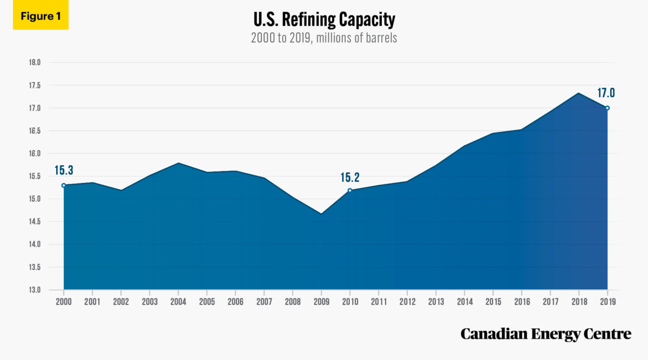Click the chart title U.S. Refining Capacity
click(324, 21)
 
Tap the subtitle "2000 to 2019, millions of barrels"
click(324, 39)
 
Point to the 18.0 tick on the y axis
click(35, 63)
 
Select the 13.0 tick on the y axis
click(35, 290)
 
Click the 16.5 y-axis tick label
click(35, 131)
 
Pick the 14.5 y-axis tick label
click(35, 222)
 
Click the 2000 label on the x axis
click(64, 302)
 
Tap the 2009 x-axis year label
click(321, 302)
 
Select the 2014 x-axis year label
click(464, 302)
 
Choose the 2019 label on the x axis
click(607, 302)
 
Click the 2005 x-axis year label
click(207, 302)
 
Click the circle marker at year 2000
click(64, 185)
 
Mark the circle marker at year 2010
click(350, 190)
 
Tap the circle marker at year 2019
click(607, 108)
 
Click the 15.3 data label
click(64, 171)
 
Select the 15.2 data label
click(350, 176)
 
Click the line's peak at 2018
click(579, 93)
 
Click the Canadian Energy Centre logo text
click(545, 334)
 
